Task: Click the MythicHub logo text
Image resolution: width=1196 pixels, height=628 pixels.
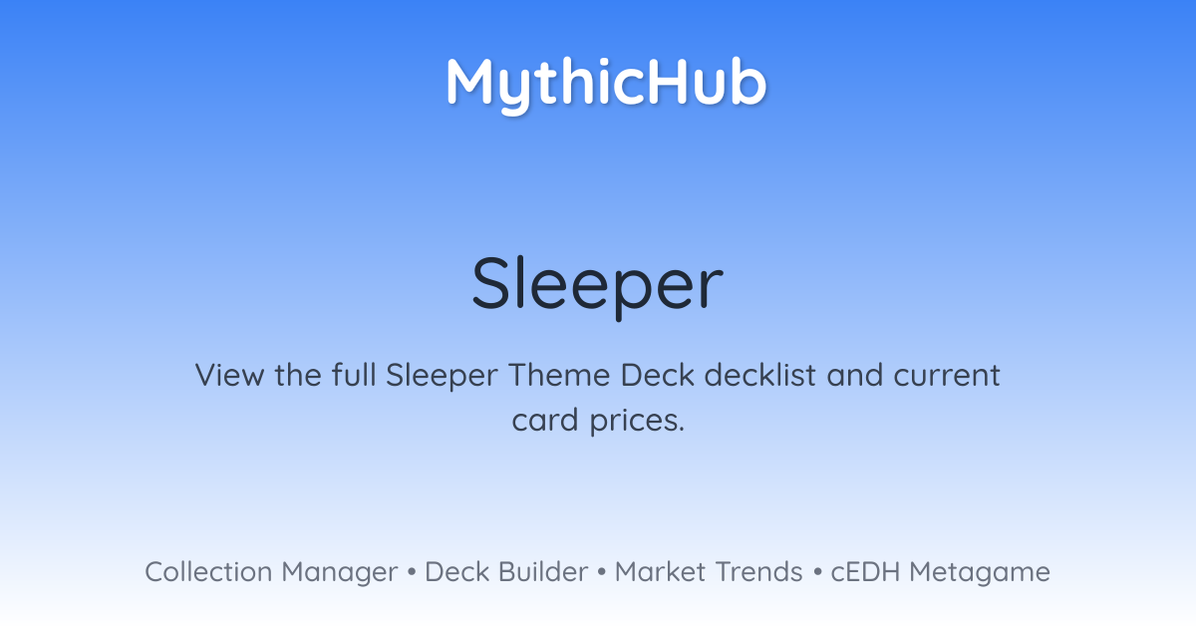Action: tap(606, 84)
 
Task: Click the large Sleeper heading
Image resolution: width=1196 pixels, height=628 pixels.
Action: tap(597, 285)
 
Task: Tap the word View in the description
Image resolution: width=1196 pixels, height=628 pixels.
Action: tap(229, 375)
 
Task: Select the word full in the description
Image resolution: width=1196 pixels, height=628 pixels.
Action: tap(354, 375)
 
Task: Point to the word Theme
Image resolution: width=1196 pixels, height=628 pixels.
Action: tap(559, 375)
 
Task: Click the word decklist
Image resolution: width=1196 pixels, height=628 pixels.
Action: tap(760, 375)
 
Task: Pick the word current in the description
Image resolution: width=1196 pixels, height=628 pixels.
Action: tap(947, 376)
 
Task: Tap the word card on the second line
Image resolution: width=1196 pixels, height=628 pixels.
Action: tap(545, 420)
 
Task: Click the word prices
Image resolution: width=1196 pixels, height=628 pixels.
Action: tap(637, 421)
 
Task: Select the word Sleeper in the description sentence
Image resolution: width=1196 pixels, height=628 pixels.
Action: tap(442, 376)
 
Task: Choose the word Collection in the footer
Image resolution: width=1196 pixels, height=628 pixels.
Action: tap(208, 572)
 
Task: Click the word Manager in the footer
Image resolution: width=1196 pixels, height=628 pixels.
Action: tap(340, 573)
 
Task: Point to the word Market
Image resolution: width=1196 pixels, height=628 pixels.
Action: tap(660, 572)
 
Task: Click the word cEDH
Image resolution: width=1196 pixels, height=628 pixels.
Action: tap(865, 572)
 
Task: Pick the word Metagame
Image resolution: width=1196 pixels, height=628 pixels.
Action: tap(980, 573)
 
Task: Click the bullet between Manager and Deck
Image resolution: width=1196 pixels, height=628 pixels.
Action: tap(411, 572)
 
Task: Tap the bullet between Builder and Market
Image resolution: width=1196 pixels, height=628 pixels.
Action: tap(602, 572)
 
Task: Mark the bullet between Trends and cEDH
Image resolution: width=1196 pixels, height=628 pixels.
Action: tap(817, 572)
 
